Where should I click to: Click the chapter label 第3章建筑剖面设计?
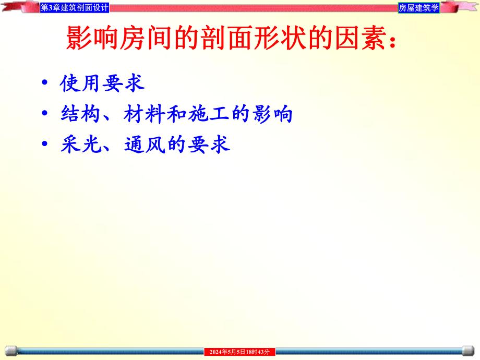[75, 8]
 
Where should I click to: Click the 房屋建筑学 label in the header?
[418, 8]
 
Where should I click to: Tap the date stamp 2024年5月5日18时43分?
[239, 352]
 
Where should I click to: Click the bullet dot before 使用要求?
[46, 83]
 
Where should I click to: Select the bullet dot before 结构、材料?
[46, 114]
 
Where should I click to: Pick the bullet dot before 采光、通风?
[46, 145]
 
